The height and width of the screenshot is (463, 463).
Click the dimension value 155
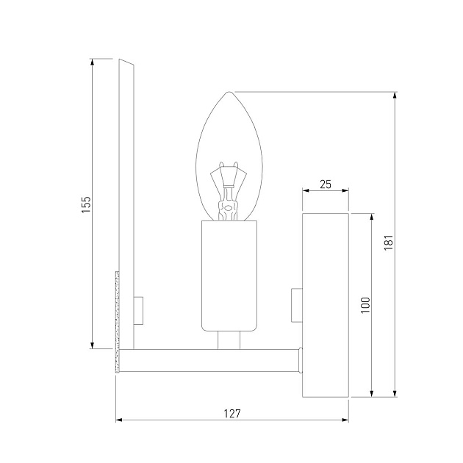tap(85, 204)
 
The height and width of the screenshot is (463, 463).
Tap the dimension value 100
tap(365, 304)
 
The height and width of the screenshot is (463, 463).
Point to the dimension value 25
tap(326, 184)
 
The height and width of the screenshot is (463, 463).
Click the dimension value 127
tap(232, 414)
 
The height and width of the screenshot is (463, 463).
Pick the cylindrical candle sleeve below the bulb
tap(230, 276)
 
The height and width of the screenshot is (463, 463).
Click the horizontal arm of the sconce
tap(209, 359)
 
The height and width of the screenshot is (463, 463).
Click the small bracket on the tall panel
tap(139, 309)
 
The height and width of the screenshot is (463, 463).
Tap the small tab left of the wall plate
tap(297, 305)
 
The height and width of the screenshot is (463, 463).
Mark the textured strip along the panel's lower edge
tap(116, 323)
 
